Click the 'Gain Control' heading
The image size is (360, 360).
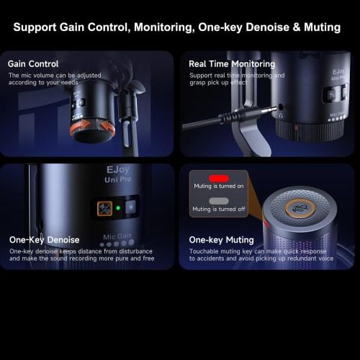click(x=33, y=64)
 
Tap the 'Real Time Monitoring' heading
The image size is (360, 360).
click(x=230, y=64)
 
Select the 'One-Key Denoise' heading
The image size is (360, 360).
click(x=44, y=239)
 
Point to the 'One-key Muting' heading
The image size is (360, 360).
click(x=221, y=239)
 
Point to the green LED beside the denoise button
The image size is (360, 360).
click(x=118, y=209)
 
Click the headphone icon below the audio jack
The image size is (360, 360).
click(x=279, y=114)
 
